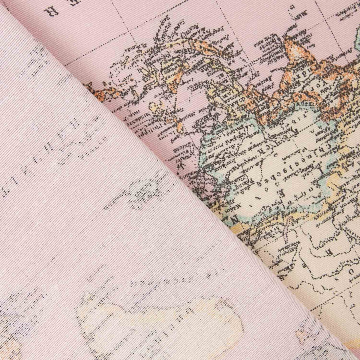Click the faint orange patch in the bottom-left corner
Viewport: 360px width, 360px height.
6,345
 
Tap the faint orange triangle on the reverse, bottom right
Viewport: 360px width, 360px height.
303,342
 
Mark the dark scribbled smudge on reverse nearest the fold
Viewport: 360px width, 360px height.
141,192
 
